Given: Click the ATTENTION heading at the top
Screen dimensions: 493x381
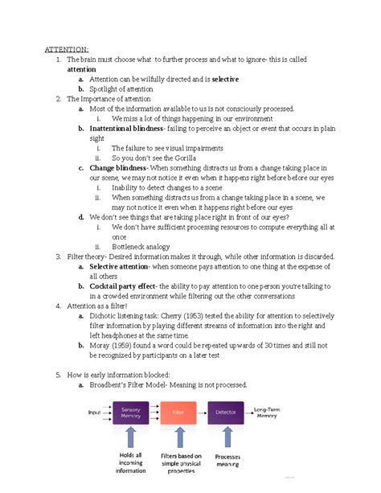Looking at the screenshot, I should [x=67, y=49].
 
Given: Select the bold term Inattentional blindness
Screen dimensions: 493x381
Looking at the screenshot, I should [x=126, y=129].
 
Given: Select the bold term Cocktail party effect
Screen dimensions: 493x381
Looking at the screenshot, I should [x=123, y=286].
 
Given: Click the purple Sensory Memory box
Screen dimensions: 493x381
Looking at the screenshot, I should [x=130, y=413].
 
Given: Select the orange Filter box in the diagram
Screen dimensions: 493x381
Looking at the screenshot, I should [x=178, y=413].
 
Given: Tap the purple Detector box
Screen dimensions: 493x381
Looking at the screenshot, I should [x=225, y=413].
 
